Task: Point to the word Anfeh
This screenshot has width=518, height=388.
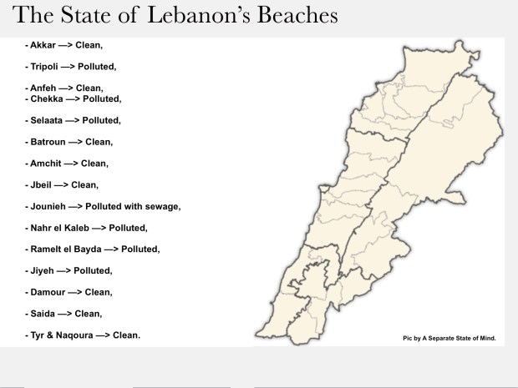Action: point(43,88)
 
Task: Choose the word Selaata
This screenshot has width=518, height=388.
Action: point(46,120)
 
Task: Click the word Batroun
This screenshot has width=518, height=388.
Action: point(46,142)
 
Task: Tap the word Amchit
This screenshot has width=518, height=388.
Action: point(44,164)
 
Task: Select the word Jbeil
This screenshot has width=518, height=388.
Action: point(40,184)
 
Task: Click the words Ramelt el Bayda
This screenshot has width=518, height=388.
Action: point(64,249)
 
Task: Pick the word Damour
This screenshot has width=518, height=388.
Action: point(46,292)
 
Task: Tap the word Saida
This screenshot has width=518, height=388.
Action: point(41,314)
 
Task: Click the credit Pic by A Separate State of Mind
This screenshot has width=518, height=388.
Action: point(449,339)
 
